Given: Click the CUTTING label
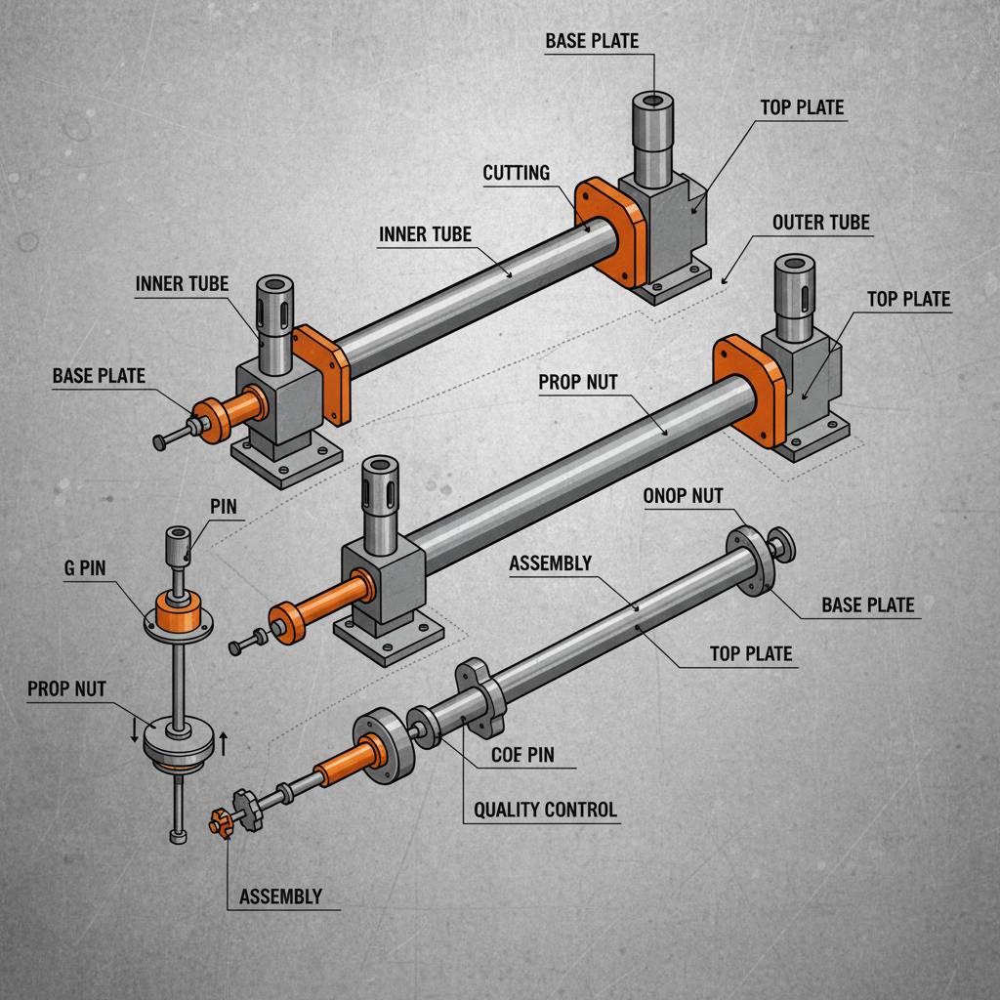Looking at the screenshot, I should pos(517,173).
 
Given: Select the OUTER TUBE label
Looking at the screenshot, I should pos(820,223).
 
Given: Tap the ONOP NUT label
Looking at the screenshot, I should pos(684,495).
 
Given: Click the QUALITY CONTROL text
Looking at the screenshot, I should pos(545,810).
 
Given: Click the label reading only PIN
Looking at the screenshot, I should pos(224,508).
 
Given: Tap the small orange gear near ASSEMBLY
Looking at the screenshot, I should pos(220,822).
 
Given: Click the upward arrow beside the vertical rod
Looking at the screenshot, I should pos(224,743).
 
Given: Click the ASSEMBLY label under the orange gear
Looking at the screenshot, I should pos(280,896).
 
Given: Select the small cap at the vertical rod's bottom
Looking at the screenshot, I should pos(177,836).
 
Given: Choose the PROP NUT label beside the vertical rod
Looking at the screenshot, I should pos(67,688).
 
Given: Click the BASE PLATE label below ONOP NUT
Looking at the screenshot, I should pos(867,605).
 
